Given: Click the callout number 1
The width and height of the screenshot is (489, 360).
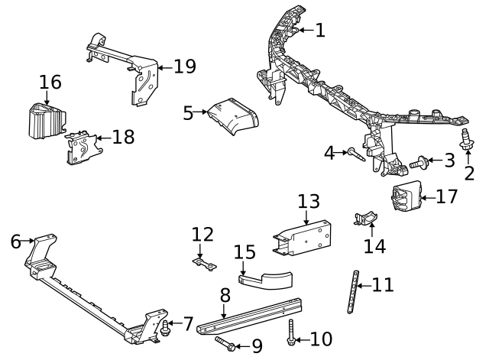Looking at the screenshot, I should (x=319, y=31).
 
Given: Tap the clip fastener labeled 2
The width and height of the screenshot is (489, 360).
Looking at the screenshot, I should (x=464, y=141).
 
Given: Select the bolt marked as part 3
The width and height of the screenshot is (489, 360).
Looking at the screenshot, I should (x=419, y=162).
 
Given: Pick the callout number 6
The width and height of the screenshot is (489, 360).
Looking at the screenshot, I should (x=15, y=242).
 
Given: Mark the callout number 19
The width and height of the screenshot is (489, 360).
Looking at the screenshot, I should (x=185, y=66).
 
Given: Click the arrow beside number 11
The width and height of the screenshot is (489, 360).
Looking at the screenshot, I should (x=364, y=286).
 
